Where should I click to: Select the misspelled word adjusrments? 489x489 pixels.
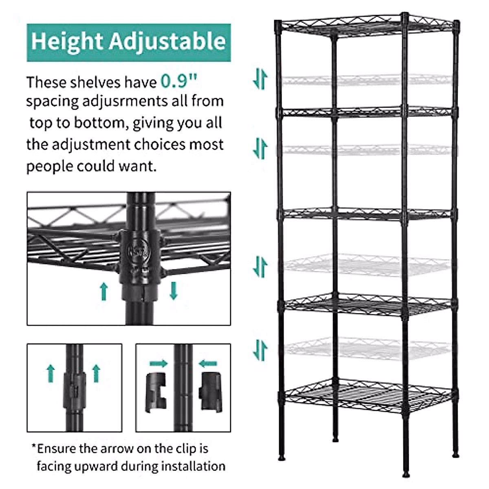tap(125, 101)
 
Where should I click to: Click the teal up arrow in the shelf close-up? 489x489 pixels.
tap(104, 291)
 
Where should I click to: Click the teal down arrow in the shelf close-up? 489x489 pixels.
tap(174, 291)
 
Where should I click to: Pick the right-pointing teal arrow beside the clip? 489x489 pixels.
tap(159, 363)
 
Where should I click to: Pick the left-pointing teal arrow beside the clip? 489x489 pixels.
tap(208, 363)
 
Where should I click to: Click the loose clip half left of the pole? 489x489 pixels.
tap(156, 390)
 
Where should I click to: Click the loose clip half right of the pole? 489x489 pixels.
tap(210, 390)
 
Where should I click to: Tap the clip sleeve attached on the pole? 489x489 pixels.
tap(75, 391)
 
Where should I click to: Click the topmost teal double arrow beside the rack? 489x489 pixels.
tap(260, 79)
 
